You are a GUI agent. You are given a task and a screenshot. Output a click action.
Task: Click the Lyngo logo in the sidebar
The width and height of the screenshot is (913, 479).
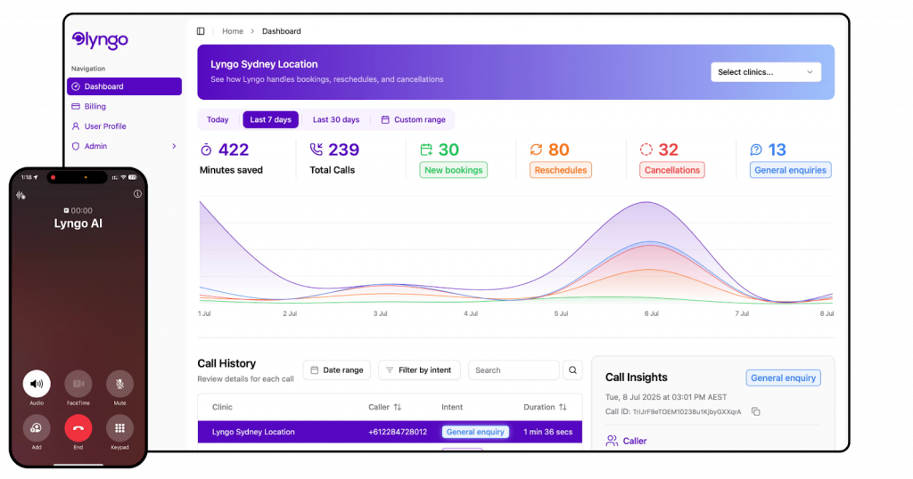pos(100,40)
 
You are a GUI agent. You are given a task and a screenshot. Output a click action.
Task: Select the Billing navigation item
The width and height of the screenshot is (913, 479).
pos(95,107)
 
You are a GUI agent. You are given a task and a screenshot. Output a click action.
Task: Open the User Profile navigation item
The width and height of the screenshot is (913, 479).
pos(104,126)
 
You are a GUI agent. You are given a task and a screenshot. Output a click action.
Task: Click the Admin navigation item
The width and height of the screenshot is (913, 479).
pos(95,146)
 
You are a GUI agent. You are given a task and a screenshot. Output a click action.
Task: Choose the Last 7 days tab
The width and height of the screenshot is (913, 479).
pos(270,119)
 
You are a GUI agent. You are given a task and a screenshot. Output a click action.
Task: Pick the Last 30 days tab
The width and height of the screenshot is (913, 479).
pos(335,119)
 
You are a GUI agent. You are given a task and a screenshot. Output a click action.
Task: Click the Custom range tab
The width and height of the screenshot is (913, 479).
pos(413,119)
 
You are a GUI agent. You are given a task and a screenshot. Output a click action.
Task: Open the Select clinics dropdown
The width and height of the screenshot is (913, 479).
pos(765,72)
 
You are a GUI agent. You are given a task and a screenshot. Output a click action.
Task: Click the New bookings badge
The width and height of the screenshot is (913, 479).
pos(453,170)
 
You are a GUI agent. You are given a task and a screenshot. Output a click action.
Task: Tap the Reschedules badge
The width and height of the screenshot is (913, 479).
pos(560,170)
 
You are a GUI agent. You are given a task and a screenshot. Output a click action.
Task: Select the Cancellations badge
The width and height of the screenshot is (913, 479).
pos(671,170)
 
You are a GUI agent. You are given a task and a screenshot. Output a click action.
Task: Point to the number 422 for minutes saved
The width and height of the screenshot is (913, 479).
pos(234,150)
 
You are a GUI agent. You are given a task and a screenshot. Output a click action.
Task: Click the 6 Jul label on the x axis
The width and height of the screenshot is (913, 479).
pos(651,313)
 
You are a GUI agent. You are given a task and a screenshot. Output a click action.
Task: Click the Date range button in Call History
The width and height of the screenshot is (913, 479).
pos(337,370)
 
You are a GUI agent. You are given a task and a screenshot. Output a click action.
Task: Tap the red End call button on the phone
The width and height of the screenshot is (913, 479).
pos(78,428)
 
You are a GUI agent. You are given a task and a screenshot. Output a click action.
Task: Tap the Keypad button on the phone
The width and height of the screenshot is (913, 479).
pos(119,428)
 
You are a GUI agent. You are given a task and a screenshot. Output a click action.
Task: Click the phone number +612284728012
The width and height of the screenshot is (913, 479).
pos(397,432)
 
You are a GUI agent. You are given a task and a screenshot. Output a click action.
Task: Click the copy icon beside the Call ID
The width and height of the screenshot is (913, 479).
pos(755,411)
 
